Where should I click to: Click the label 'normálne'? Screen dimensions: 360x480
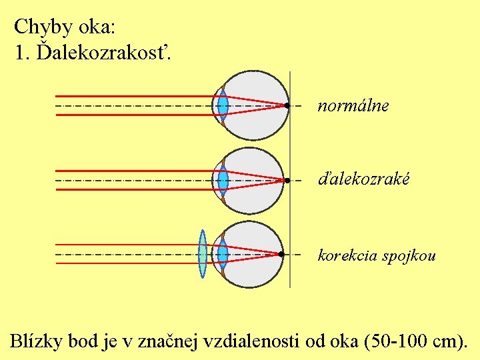coord(353,105)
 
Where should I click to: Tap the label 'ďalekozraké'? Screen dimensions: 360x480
coord(363,179)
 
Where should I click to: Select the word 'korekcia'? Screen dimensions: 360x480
coord(347,255)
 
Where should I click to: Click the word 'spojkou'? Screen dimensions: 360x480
coord(409,255)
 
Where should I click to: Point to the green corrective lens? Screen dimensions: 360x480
coord(203,254)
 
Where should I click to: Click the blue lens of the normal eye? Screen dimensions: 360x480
coord(223,105)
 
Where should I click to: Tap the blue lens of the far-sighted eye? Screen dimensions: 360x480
coord(223,180)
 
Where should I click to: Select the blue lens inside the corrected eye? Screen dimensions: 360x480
coord(223,254)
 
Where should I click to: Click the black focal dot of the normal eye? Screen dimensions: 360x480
coord(286,105)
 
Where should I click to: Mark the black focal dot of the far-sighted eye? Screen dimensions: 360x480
coord(287,180)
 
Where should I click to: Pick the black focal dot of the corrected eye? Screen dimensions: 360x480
coord(282,254)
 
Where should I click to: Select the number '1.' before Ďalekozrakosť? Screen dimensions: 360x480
coord(21,53)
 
